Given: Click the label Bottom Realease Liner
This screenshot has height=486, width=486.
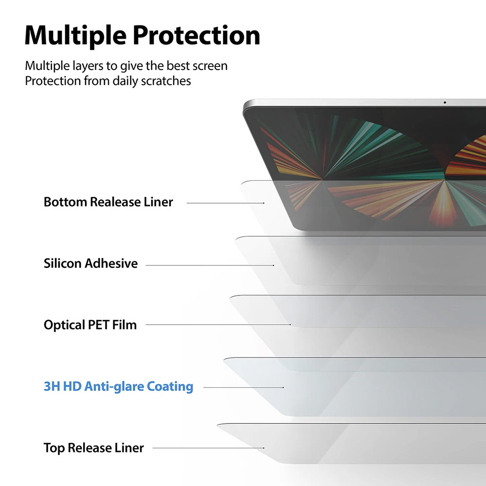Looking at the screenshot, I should coord(108,202).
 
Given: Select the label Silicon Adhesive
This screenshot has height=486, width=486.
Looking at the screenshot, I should coord(90,264).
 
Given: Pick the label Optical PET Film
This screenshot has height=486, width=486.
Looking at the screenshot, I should coord(90,325).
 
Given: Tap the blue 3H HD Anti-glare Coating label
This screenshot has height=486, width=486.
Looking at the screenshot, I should coord(118,387).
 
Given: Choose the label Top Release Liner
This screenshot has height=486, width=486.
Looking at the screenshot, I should coord(93,448).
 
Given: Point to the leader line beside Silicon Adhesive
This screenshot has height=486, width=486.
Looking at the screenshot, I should coord(209,265).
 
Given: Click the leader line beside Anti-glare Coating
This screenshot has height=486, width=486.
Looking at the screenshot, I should coord(243,387).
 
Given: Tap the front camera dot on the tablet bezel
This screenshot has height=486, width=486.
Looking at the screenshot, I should coord(445,103).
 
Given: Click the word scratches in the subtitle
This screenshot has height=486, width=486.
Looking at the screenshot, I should coord(166,81).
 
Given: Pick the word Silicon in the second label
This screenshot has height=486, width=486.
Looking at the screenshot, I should coord(63,264).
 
